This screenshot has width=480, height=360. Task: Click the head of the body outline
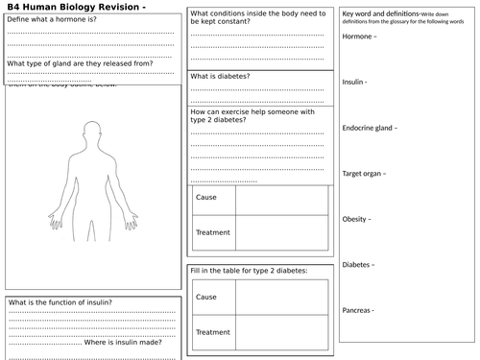[93, 129]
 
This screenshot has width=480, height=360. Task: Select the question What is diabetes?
[222, 76]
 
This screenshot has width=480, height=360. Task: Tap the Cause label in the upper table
[205, 197]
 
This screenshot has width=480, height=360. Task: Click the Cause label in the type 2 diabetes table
[205, 298]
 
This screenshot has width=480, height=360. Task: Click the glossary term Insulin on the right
[355, 82]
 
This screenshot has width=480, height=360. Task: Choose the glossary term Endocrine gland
[370, 128]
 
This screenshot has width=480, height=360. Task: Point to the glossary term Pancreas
[359, 310]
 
